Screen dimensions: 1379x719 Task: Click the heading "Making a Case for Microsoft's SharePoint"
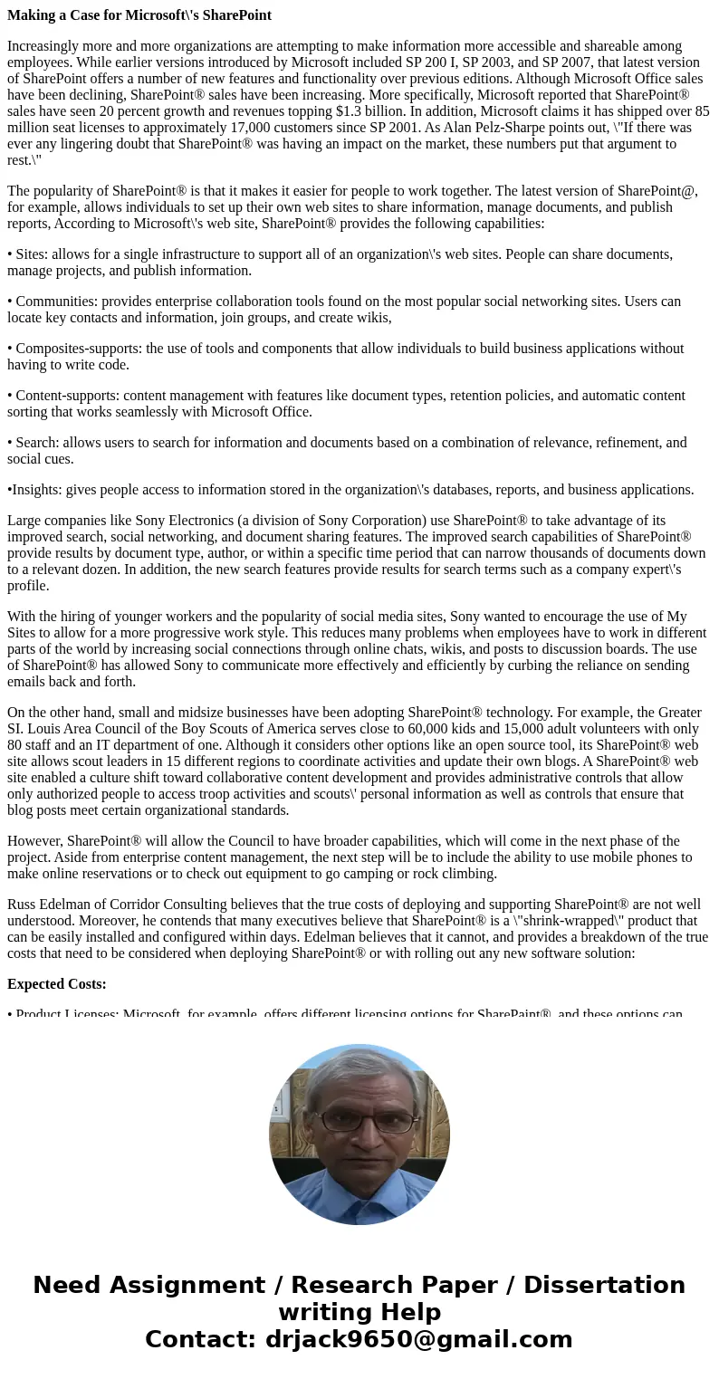click(139, 15)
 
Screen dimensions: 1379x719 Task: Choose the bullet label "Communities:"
click(56, 302)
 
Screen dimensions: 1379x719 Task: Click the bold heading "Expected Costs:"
click(57, 984)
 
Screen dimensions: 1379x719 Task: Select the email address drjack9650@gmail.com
click(418, 1339)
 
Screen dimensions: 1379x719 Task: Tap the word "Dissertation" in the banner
click(604, 1285)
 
